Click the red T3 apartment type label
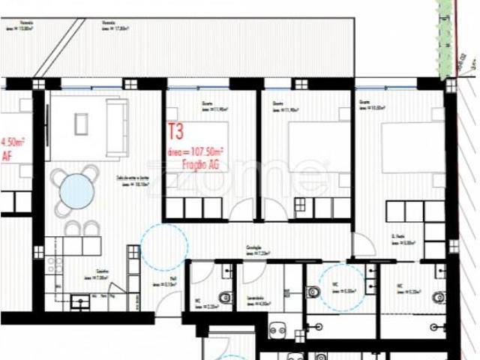tap(175, 134)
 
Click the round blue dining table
tap(76, 191)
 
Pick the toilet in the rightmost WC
tap(440, 297)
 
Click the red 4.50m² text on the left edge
tap(13, 142)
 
